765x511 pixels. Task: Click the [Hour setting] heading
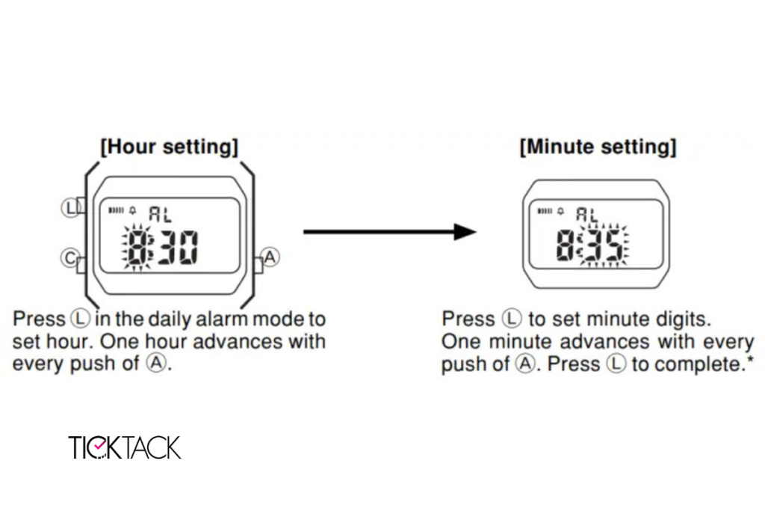pos(170,147)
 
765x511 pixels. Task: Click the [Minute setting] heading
pos(598,147)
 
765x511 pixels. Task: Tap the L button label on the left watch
pos(71,208)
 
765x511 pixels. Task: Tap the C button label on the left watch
pos(70,258)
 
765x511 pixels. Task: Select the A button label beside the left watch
pos(270,257)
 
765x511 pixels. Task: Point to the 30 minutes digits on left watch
pos(179,247)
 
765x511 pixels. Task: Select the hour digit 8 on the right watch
pos(565,245)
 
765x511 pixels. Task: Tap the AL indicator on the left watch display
pos(160,214)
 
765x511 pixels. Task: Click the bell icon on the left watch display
pos(133,210)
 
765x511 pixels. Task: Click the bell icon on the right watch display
pos(560,211)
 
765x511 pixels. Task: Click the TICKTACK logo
pos(125,447)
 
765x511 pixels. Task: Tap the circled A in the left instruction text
pos(156,363)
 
